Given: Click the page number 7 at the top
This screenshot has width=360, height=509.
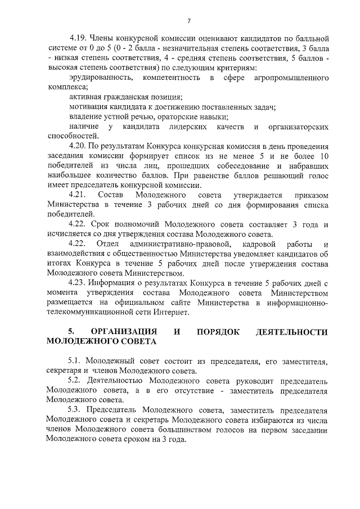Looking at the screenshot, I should pos(189,21).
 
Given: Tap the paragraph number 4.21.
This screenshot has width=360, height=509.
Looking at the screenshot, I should pos(77,194).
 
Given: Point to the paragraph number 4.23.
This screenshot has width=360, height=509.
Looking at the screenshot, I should pos(77,283).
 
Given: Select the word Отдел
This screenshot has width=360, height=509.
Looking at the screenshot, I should pos(107,244).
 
